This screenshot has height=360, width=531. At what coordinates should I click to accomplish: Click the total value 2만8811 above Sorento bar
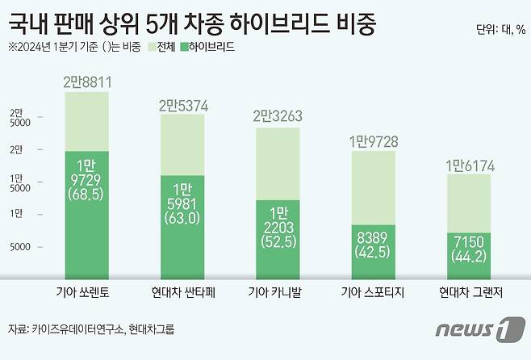tap(86, 82)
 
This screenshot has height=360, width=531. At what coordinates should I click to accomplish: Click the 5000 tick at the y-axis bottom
tap(21, 248)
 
